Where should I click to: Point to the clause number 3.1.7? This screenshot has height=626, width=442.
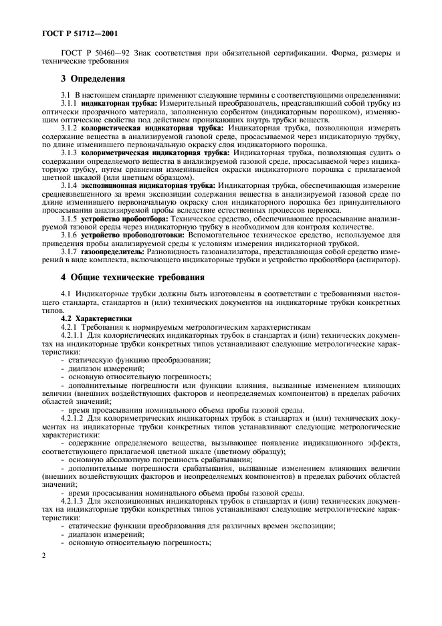[x=70, y=251]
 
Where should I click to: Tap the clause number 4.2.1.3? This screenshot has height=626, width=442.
[x=72, y=500]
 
